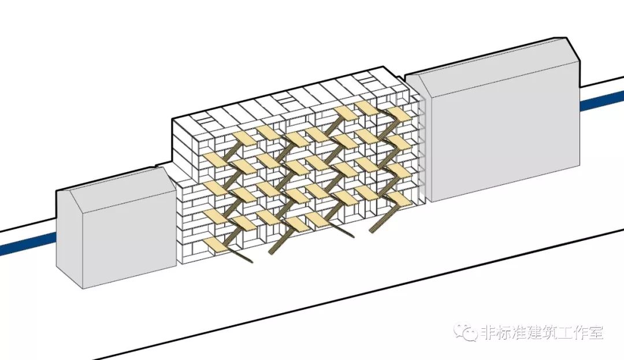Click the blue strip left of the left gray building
27,243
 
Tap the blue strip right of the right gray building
601,102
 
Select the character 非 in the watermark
488,332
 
